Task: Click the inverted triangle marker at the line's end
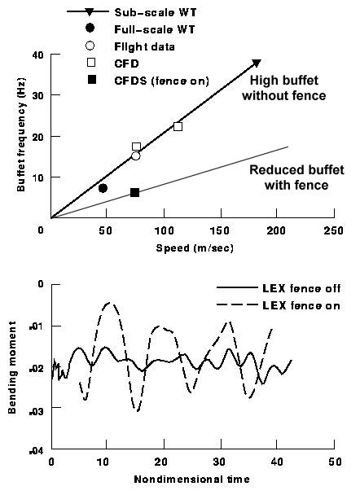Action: point(257,63)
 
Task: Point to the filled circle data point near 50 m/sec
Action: point(103,188)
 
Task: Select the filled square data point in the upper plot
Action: point(134,192)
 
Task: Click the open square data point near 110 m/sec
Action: point(178,126)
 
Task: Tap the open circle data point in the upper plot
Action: point(135,156)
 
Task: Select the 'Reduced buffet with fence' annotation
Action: point(288,177)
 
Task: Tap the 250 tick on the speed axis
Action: point(331,230)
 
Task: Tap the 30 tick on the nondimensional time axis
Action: point(219,462)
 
